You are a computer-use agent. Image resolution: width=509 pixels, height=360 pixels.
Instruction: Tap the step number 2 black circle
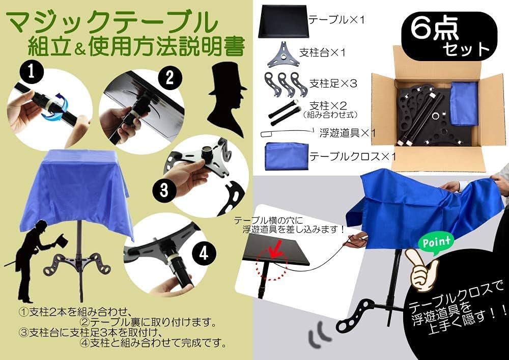169,77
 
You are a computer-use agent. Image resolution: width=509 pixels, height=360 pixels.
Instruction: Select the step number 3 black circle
164,190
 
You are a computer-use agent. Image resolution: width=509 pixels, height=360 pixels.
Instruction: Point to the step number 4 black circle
204,254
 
